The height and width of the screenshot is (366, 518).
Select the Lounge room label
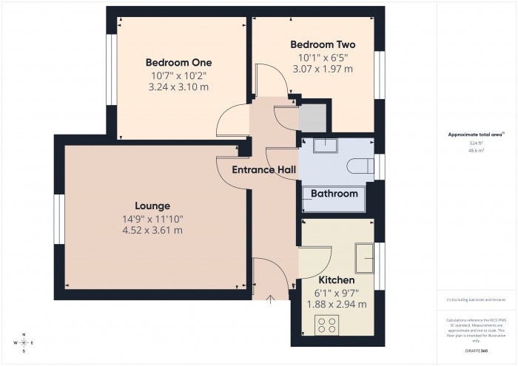point(152,206)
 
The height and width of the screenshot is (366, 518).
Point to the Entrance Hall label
point(264,170)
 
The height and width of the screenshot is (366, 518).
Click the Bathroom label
point(334,194)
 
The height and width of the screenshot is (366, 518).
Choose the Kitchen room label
point(336,280)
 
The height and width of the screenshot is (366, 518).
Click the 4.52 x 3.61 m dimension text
point(152,231)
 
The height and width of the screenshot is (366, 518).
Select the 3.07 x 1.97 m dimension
point(323,69)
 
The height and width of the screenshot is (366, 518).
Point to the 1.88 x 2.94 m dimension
point(336,304)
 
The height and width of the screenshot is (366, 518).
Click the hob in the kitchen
point(328,325)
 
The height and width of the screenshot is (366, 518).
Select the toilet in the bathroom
point(360,164)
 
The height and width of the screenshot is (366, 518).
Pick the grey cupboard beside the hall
point(312,117)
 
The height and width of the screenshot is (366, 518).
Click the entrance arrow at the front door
point(271,299)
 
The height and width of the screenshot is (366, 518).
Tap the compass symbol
point(24,342)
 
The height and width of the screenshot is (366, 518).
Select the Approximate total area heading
point(476,134)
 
